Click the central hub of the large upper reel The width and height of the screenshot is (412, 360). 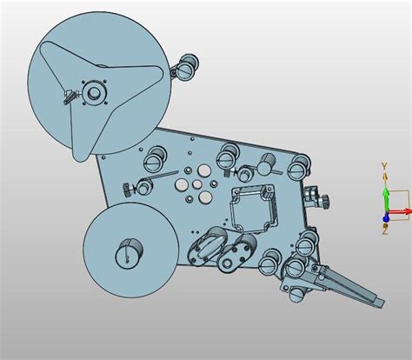(94, 93)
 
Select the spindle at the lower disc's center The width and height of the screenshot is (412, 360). (129, 253)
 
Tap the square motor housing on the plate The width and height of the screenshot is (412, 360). (253, 208)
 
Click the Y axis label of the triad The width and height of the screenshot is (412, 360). (384, 166)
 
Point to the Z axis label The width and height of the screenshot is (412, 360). (385, 231)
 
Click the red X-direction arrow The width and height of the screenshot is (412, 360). (400, 211)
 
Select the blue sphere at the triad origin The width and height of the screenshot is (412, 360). (385, 218)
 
